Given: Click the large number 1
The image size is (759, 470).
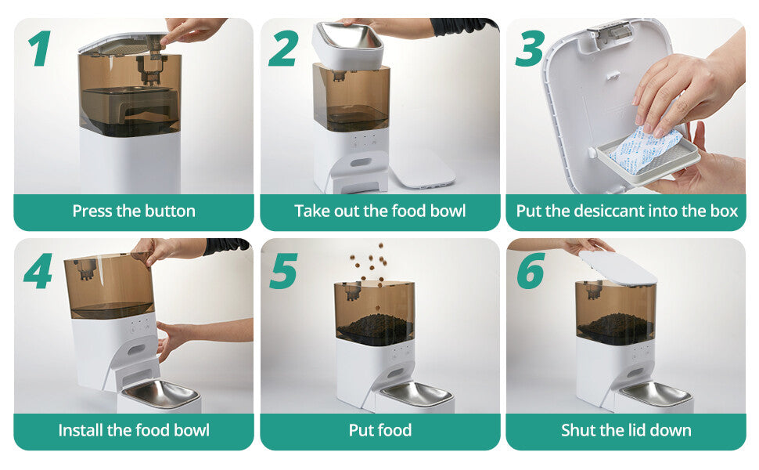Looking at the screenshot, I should pos(40,50).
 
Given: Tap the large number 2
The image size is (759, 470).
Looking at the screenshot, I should pos(283,49).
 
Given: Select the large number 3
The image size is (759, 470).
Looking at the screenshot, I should pos(530,49).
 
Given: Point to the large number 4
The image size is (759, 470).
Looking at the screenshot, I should pos(38,271).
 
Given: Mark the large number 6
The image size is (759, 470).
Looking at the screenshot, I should pos(530,271).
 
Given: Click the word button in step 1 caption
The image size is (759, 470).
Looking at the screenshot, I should pos(168,211).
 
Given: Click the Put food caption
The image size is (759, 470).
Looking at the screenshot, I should pos(379,430).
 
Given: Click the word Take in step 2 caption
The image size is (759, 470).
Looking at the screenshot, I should pos(311,211).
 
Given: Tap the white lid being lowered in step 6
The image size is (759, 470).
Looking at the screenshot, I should pos(617,267).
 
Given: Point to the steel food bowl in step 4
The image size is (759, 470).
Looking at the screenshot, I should pos(160,394).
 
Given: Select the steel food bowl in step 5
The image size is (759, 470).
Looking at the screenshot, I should pos(415,394).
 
